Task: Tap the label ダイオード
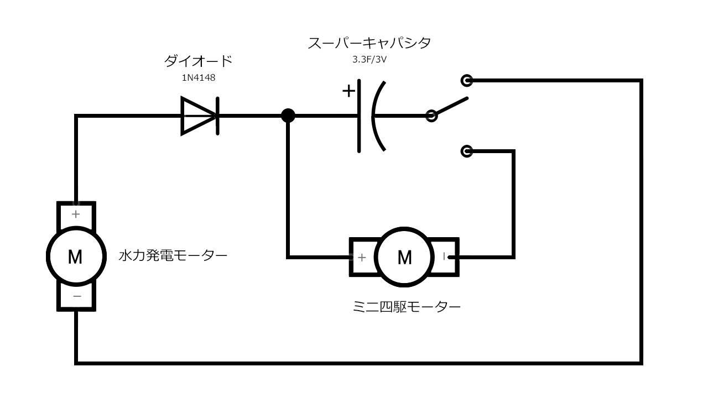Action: pos(199,61)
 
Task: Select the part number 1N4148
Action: pos(199,78)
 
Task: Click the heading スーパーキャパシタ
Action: pos(369,43)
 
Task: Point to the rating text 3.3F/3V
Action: pos(369,60)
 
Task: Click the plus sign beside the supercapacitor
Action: pos(348,91)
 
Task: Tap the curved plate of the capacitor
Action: pos(377,116)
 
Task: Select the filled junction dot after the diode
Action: pos(288,116)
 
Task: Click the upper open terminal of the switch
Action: pos(467,81)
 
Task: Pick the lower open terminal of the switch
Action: pos(467,151)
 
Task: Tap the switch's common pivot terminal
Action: pos(431,116)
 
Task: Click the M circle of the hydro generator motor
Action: pos(75,256)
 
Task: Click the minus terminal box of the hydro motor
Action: pos(76,297)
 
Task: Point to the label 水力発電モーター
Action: pos(173,256)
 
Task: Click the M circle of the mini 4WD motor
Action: pos(404,257)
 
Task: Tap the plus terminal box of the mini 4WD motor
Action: pos(362,257)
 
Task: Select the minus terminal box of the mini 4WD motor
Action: pos(445,257)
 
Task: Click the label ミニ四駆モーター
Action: pos(407,307)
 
